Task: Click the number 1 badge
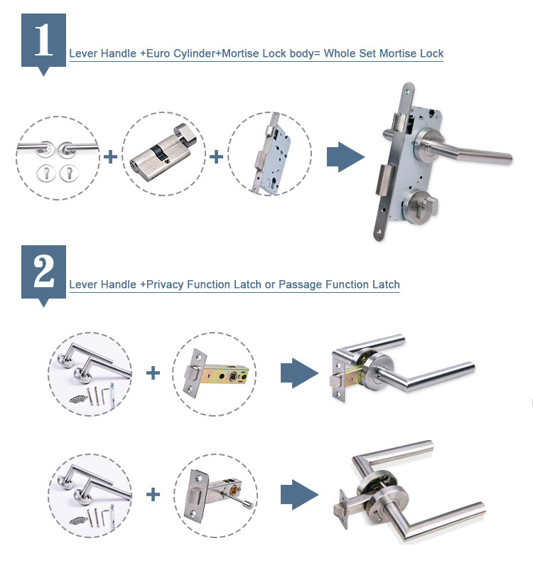point(43,43)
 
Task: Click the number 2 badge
point(43,274)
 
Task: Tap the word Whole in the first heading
point(339,53)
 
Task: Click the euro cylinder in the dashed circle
point(163,154)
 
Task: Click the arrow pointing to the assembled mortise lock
point(345,157)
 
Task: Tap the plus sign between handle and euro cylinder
point(110,157)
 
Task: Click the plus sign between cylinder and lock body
point(216,157)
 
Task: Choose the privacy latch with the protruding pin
point(217,495)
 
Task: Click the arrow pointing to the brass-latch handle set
point(299,373)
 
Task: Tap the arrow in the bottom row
point(299,495)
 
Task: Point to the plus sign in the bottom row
point(153,495)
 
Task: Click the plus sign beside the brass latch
point(153,373)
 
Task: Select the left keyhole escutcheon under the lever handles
point(45,173)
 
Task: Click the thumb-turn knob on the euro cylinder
point(185,134)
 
